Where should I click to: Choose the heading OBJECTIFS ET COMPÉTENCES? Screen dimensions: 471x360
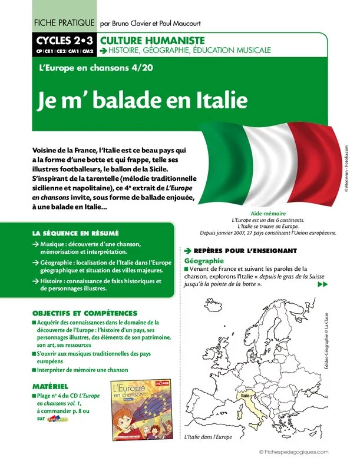tap(85, 313)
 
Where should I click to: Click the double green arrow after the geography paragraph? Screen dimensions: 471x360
tap(322, 285)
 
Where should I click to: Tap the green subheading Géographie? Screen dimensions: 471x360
tap(204, 260)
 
